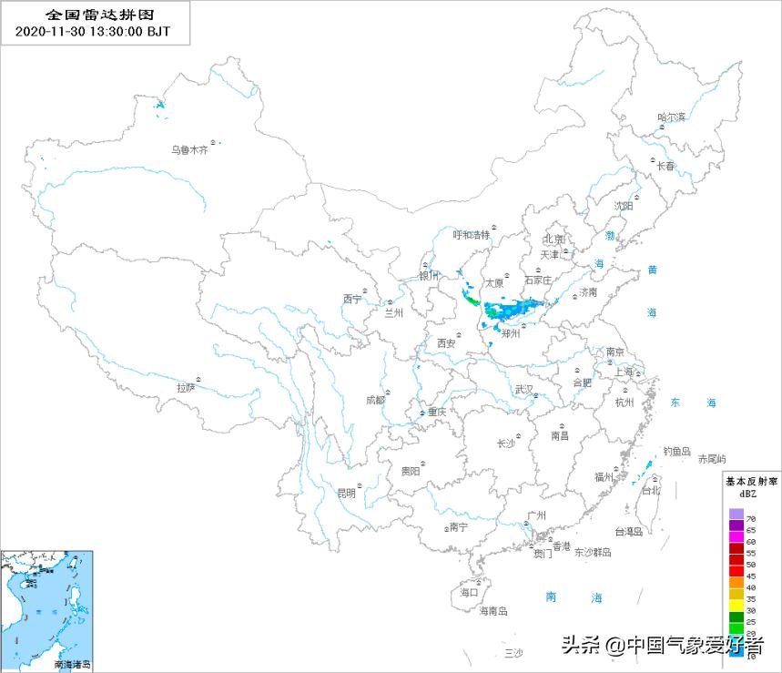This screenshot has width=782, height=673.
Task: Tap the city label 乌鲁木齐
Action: pos(190,150)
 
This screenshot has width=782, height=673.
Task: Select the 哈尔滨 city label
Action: pos(672,117)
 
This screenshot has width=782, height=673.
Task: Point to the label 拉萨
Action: pos(186,387)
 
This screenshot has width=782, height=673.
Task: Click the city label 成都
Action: pos(375,400)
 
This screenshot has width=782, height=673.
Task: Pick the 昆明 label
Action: pos(347,494)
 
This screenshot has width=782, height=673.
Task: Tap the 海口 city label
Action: pos(469,592)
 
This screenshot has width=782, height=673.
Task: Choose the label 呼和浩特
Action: pos(472,234)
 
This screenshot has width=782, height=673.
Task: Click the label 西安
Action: pos(446,343)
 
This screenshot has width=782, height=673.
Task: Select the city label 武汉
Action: pos(524,389)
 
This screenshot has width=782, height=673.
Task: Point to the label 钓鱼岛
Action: pos(677,451)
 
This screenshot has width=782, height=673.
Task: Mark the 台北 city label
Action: pos(651,490)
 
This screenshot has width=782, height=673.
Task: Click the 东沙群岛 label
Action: pos(593,553)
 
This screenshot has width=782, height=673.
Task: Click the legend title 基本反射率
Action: pos(750,480)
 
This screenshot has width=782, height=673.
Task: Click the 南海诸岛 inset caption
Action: pos(73,666)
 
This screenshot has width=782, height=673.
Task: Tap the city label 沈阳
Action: pos(623,206)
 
